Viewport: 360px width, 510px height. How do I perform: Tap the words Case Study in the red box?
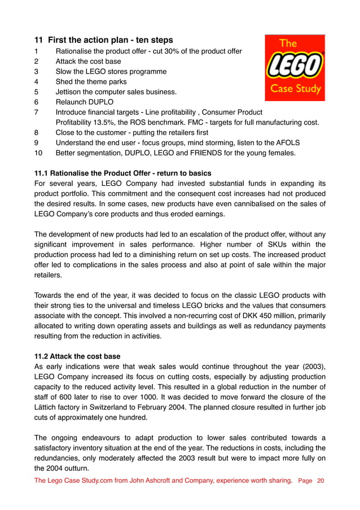click(295, 89)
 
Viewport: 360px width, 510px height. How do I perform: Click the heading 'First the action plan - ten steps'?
click(110, 40)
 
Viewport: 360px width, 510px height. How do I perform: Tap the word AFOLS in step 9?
click(288, 143)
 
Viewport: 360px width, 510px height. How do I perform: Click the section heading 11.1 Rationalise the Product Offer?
click(123, 173)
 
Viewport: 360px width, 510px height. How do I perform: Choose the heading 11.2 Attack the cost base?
click(77, 356)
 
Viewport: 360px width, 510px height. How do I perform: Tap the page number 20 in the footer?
click(321, 481)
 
